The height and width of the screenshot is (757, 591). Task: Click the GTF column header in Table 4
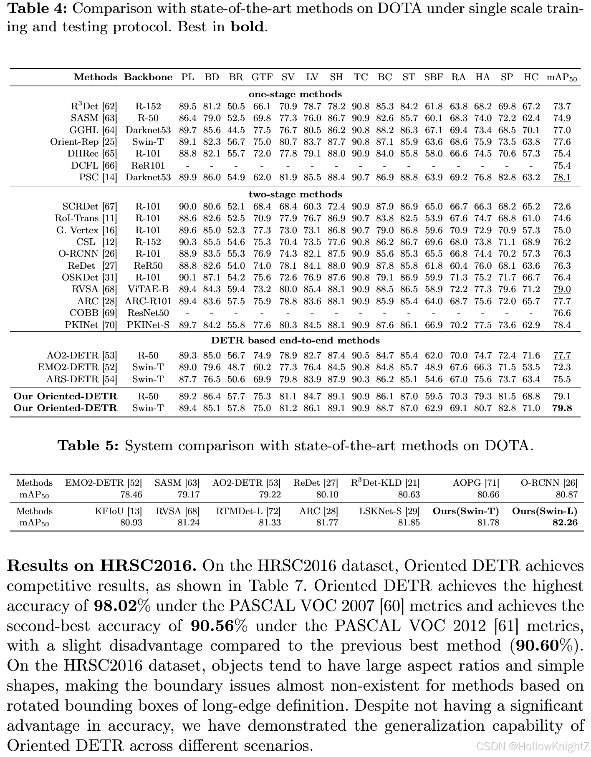[x=262, y=77]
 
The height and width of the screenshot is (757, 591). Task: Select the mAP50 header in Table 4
[x=561, y=78]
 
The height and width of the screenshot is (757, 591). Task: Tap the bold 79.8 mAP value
[x=562, y=408]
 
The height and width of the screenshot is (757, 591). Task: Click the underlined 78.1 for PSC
[x=562, y=177]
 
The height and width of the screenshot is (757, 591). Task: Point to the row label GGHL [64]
[x=93, y=130]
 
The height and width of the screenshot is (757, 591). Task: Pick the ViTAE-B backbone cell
[x=148, y=289]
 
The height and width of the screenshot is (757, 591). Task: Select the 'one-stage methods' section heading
[x=295, y=94]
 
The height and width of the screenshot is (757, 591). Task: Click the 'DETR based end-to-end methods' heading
[x=295, y=341]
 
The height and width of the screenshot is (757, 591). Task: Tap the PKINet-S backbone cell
[x=148, y=325]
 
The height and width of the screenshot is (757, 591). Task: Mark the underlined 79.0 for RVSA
[x=562, y=289]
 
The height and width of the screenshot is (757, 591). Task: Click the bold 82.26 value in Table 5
[x=565, y=522]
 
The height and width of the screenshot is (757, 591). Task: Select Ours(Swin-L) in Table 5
[x=545, y=511]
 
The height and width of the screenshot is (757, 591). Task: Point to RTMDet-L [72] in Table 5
[x=248, y=511]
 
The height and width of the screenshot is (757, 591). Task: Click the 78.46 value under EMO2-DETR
[x=131, y=495]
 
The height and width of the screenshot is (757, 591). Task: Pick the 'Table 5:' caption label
[x=88, y=446]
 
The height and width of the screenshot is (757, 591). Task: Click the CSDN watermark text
[x=533, y=746]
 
